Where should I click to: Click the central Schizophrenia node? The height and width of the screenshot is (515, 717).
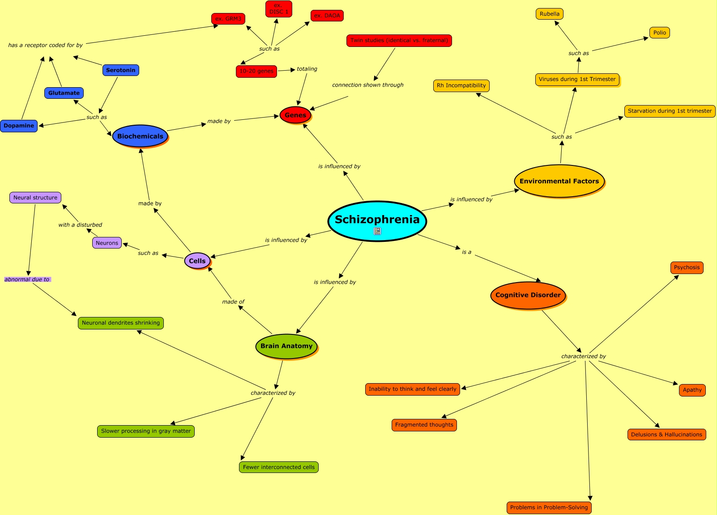point(377,219)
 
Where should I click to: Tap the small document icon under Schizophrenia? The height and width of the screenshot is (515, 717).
point(377,231)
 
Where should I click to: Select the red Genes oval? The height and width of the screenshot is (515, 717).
point(295,115)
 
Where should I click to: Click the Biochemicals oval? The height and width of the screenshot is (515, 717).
point(140,136)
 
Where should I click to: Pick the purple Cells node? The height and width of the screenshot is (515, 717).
point(197,261)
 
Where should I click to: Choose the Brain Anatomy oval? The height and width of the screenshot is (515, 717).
point(286,346)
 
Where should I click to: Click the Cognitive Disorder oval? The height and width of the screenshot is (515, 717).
point(528,295)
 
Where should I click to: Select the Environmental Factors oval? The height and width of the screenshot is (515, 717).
point(559,181)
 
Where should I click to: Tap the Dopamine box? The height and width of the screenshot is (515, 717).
point(19,126)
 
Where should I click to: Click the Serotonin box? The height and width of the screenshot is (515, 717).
point(121,70)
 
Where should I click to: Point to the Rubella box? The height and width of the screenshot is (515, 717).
point(550,14)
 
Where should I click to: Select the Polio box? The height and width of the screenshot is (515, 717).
point(660,33)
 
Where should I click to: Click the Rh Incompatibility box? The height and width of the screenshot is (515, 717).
point(461,85)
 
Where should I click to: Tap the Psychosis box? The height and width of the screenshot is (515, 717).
point(687,268)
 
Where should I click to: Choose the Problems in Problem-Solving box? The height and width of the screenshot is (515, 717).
point(549,507)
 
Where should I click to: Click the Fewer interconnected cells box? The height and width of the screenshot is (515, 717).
point(279,467)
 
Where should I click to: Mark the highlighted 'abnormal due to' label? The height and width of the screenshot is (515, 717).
point(27,279)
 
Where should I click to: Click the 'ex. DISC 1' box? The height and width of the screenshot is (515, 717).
point(279,9)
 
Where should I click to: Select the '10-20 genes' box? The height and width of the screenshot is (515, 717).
point(256,71)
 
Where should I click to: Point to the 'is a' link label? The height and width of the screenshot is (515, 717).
point(467,252)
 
